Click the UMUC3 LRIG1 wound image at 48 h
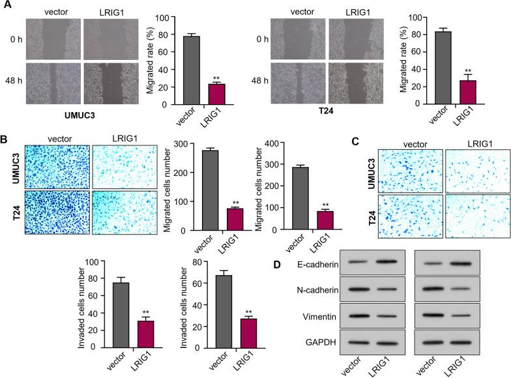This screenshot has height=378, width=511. pyautogui.click(x=113, y=82)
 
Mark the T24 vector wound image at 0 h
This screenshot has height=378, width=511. pyautogui.click(x=297, y=39)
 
